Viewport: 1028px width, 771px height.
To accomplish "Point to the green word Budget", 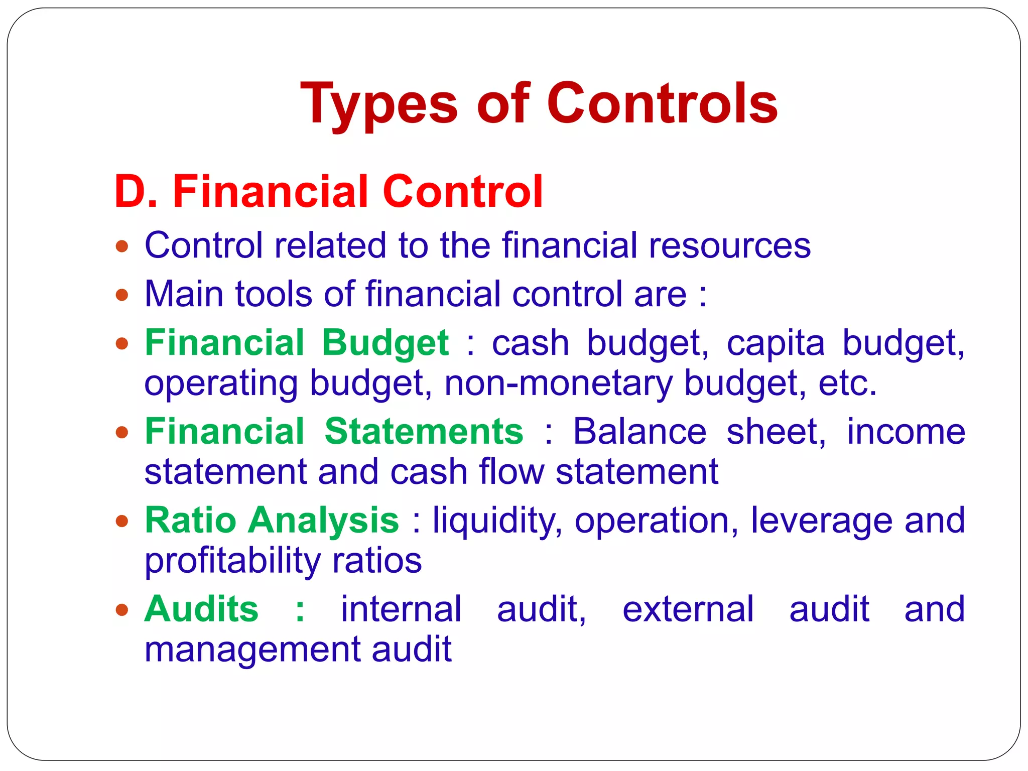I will click(385, 343).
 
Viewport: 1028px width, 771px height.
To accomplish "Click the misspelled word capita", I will click(776, 343).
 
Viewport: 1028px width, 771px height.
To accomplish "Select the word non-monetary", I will click(558, 383).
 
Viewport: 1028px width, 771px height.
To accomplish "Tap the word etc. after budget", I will click(847, 383).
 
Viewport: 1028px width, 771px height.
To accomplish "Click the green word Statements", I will click(424, 432).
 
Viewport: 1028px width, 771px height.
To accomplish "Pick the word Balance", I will click(639, 432).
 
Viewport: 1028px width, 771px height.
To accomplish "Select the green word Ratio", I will click(190, 520).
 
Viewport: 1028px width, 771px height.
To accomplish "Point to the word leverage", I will click(821, 520).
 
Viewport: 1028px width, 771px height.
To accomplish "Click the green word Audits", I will click(201, 609).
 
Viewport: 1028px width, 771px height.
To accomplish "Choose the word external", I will click(688, 609).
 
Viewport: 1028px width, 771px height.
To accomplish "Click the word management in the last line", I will click(251, 649).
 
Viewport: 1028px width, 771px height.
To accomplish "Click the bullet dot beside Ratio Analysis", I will click(121, 521).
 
